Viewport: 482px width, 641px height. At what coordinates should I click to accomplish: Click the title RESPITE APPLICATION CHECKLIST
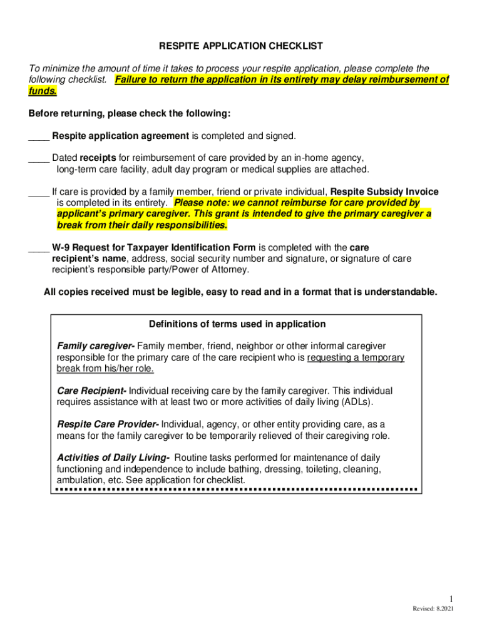pos(241,46)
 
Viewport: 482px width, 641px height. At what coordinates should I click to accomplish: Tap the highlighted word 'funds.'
pos(43,91)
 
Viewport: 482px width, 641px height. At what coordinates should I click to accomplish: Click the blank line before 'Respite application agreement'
pos(39,136)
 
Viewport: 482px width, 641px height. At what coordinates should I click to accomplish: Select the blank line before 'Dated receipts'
pos(39,158)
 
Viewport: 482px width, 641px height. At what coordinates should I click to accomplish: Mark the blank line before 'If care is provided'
pos(39,192)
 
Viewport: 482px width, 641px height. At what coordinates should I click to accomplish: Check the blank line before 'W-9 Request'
pos(39,248)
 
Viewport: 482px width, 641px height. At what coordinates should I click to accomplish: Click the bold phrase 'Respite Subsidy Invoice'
pos(384,192)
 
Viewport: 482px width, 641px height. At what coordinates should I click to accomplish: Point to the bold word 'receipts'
pos(98,158)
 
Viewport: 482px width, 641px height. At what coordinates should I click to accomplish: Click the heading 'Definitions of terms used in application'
pos(237,324)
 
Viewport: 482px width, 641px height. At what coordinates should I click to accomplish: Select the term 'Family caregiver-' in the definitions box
pos(95,346)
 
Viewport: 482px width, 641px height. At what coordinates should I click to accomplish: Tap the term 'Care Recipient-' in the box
pos(91,391)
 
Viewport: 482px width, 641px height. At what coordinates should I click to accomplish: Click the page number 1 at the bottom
pos(450,599)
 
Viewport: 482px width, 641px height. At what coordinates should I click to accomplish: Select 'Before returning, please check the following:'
pos(130,114)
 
